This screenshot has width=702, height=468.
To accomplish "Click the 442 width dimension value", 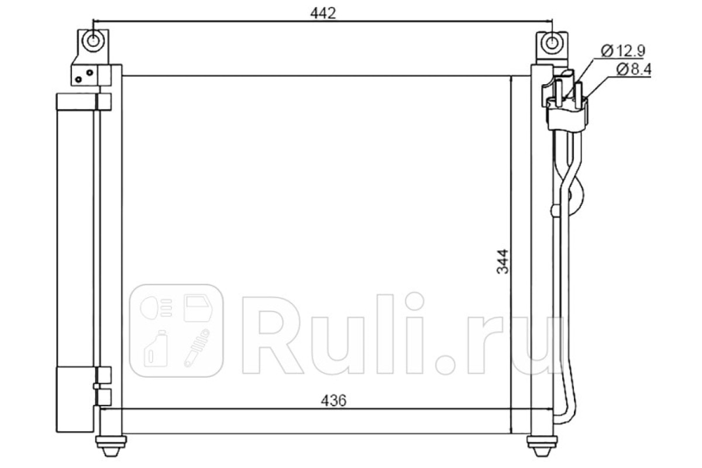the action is click(323, 13).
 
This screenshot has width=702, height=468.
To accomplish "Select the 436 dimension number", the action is click(333, 400).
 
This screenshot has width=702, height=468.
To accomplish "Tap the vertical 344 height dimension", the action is click(503, 261).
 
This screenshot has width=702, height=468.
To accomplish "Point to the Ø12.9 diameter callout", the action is click(623, 51).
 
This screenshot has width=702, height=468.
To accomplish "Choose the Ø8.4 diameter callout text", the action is click(634, 69).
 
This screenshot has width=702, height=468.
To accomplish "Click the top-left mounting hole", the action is click(92, 41).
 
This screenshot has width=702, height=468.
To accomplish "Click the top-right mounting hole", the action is click(552, 43).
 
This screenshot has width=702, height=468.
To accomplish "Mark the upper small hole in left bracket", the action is click(90, 73).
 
